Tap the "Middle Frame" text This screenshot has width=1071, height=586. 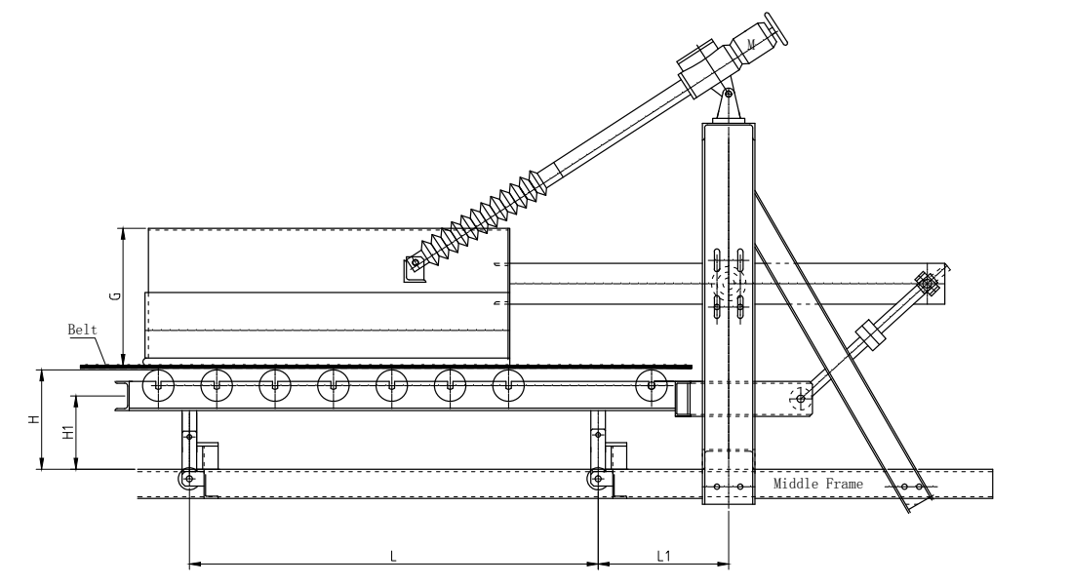(817, 483)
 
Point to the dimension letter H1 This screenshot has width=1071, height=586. (67, 432)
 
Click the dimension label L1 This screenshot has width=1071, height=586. (663, 556)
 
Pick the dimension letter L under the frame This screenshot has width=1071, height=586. (392, 556)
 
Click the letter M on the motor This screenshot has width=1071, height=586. (751, 45)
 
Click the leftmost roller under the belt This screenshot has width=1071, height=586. (157, 386)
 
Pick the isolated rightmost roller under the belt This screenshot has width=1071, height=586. (652, 386)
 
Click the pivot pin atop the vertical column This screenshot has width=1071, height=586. (729, 94)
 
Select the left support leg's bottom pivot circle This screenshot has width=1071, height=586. (188, 480)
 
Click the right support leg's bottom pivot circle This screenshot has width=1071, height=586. (596, 480)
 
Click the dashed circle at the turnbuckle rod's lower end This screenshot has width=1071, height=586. (802, 394)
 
